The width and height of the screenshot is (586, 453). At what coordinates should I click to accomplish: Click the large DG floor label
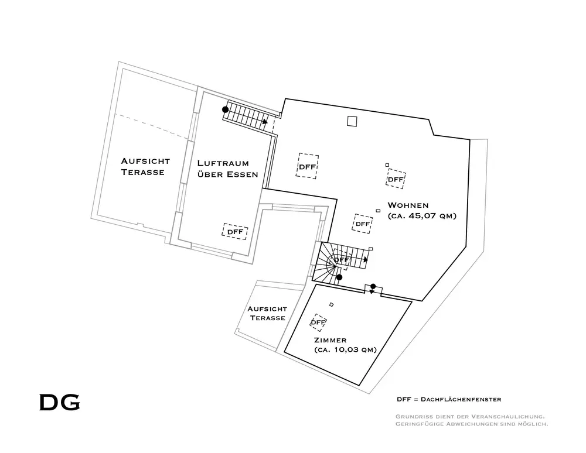point(59,403)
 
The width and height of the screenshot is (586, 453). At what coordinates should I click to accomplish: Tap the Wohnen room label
point(408,205)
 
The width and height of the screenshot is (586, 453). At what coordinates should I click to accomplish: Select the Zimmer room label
point(330,340)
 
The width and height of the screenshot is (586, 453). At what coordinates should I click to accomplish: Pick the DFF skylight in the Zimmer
point(318,322)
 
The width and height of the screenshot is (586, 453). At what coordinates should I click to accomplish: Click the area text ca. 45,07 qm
point(422,216)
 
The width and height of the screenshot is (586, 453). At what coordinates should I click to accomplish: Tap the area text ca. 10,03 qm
point(345,350)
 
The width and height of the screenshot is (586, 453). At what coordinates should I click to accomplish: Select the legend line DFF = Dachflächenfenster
point(449,399)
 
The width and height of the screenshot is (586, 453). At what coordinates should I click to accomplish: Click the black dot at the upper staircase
point(225,109)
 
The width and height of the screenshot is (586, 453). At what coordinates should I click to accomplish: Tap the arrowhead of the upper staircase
point(266,122)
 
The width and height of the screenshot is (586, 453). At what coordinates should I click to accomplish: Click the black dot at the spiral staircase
point(339,277)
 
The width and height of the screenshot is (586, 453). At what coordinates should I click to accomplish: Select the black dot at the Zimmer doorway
point(373,286)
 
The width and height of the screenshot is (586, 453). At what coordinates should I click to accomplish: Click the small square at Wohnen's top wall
point(352,121)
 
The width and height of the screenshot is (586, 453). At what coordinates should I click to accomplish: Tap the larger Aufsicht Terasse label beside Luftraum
point(145,166)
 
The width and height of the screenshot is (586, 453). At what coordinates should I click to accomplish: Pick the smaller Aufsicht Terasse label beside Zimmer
point(267,313)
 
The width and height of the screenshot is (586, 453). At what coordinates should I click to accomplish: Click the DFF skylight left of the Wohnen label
point(308,167)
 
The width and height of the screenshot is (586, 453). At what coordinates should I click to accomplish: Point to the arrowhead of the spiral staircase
point(366,259)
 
